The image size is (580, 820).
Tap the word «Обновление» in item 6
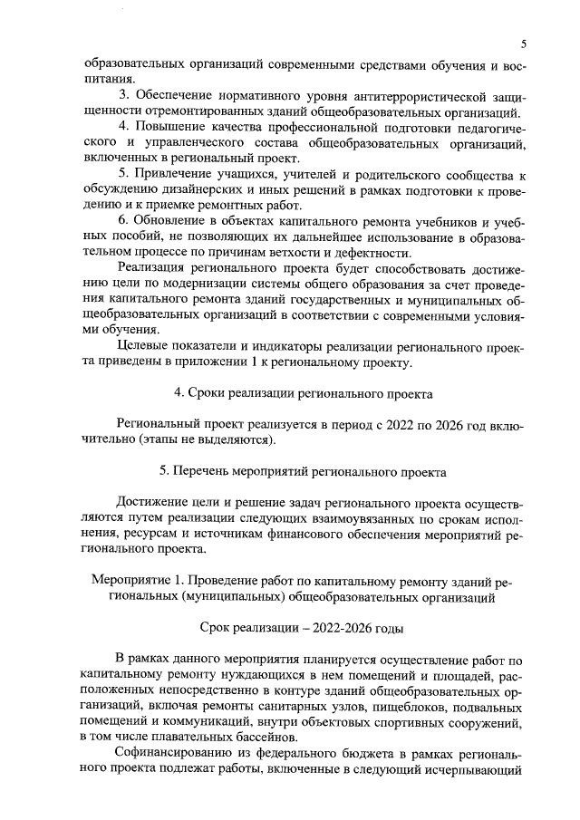point(179,222)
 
